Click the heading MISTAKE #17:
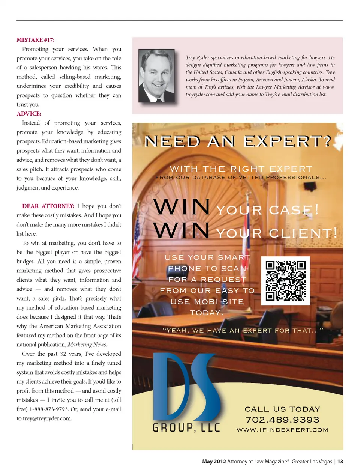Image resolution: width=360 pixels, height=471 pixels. click(35, 40)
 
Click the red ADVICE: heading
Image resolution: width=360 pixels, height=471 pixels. click(29, 114)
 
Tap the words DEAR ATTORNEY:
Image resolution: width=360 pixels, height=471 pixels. click(48, 206)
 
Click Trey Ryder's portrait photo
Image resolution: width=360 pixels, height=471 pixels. click(156, 76)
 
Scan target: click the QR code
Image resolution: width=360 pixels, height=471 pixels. click(285, 281)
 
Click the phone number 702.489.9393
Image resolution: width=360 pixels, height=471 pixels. click(282, 420)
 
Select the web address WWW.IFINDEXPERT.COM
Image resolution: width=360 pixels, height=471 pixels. click(282, 430)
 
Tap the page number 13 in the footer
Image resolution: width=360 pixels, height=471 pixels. click(340, 462)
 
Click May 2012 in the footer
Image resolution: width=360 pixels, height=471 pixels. click(214, 462)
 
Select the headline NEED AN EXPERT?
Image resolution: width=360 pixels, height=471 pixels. click(238, 142)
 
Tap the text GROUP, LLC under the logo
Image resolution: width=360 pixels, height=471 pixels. click(186, 428)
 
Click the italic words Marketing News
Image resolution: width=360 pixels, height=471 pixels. click(87, 345)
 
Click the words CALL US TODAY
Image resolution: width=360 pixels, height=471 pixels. click(282, 409)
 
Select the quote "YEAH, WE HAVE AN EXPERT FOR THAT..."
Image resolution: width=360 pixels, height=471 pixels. click(243, 330)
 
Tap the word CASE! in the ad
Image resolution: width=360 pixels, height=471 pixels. click(294, 210)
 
